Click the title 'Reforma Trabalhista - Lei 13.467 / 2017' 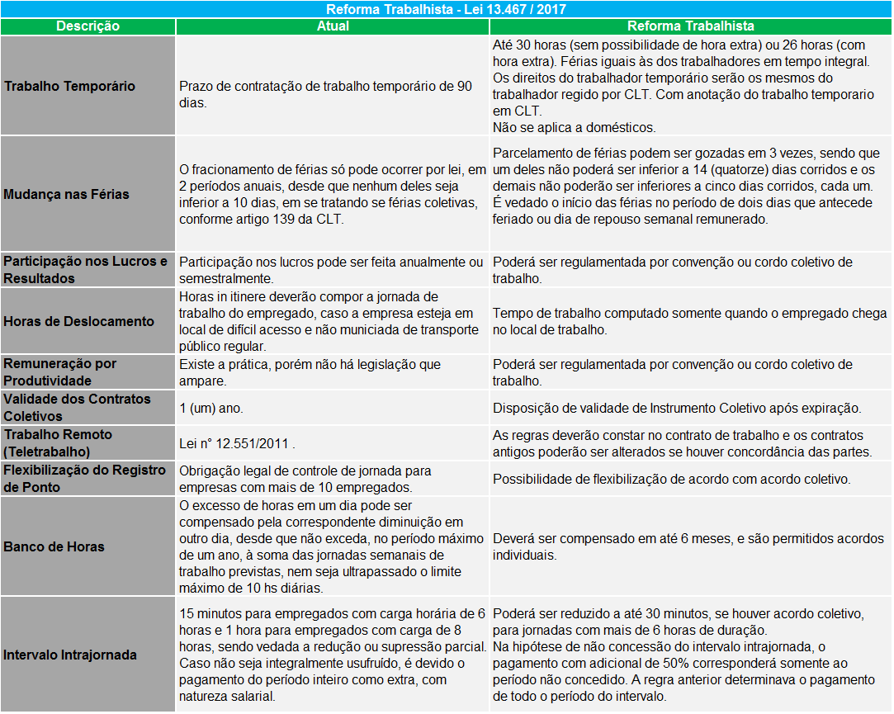[447, 9]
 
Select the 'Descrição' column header [88, 26]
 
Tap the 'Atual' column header [333, 26]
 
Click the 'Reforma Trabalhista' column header [690, 26]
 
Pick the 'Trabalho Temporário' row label [69, 86]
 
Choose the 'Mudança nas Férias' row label [66, 194]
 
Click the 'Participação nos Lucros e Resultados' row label [86, 270]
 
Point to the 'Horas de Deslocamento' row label [78, 321]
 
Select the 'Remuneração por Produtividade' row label [60, 372]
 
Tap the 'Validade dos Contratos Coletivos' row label [78, 408]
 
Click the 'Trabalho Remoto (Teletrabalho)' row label [58, 443]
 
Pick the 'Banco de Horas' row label [54, 546]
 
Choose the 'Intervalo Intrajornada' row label [70, 655]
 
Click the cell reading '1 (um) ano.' [211, 408]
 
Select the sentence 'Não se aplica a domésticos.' [574, 127]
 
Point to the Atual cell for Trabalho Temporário [325, 94]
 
